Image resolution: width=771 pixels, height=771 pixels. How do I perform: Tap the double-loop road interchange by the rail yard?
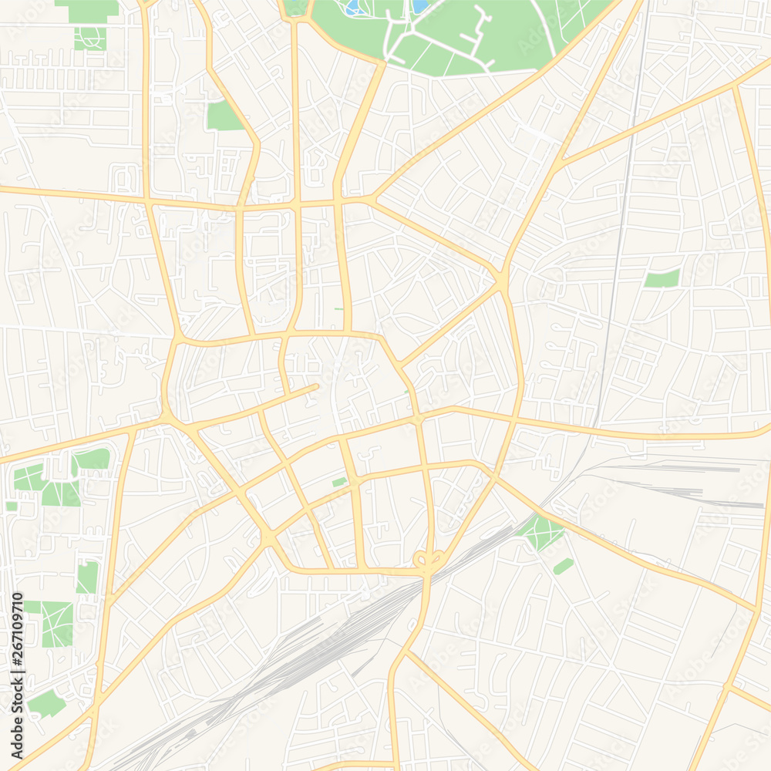429,560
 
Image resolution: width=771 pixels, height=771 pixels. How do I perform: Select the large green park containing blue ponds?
463,35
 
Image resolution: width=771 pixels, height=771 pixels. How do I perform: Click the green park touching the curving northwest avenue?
224,116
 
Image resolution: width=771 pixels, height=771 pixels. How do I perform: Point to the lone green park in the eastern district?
662,279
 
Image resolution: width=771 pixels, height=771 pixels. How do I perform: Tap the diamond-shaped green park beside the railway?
541,531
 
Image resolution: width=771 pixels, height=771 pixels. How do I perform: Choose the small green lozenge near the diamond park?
564,566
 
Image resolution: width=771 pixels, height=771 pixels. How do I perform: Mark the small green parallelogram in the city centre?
339,483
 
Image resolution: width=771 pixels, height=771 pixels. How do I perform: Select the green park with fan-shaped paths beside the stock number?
56,624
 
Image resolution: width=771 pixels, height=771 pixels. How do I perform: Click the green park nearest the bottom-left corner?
46,703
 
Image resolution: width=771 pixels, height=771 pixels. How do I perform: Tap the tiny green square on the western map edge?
11,506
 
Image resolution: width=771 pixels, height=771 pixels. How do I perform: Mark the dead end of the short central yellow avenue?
315,385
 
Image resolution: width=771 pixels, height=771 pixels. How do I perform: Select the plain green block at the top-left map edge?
86,11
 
